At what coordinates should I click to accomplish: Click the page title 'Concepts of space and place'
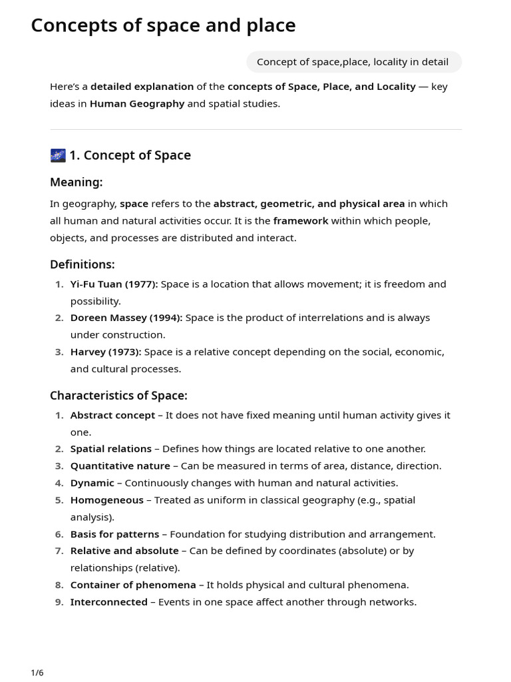[163, 25]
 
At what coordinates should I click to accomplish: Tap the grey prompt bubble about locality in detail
[353, 62]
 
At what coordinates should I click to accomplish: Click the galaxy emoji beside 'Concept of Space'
[58, 155]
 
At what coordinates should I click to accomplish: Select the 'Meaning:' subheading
[76, 182]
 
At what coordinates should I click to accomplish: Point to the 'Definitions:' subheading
[82, 264]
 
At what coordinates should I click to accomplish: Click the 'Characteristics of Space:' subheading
[118, 396]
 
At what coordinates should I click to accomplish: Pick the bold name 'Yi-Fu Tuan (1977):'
[114, 284]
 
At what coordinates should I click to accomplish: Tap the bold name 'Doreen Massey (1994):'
[126, 318]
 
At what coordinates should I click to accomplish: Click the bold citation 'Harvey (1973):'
[106, 352]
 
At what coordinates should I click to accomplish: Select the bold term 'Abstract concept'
[112, 416]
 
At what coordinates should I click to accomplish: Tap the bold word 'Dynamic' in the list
[92, 483]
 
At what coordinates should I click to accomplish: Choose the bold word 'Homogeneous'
[106, 500]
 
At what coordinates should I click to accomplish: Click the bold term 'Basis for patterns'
[114, 534]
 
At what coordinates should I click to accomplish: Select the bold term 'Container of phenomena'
[133, 585]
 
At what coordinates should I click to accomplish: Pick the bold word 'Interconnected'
[108, 602]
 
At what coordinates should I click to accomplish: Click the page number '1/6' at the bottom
[37, 673]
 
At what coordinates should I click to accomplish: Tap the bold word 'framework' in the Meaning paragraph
[300, 220]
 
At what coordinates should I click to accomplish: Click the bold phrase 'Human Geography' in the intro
[137, 104]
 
